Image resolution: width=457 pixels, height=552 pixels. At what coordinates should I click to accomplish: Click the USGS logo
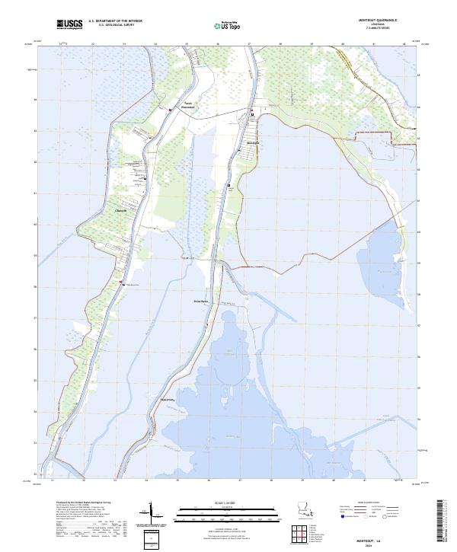pyautogui.click(x=69, y=25)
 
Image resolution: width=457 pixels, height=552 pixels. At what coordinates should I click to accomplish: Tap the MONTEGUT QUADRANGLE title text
pyautogui.click(x=386, y=21)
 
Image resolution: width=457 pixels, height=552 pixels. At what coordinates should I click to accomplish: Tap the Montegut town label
pyautogui.click(x=254, y=142)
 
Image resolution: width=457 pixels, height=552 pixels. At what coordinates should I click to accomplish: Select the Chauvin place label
pyautogui.click(x=120, y=211)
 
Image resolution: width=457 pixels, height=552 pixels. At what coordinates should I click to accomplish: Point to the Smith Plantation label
pyautogui.click(x=187, y=105)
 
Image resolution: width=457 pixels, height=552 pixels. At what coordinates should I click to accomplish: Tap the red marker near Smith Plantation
pyautogui.click(x=170, y=109)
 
